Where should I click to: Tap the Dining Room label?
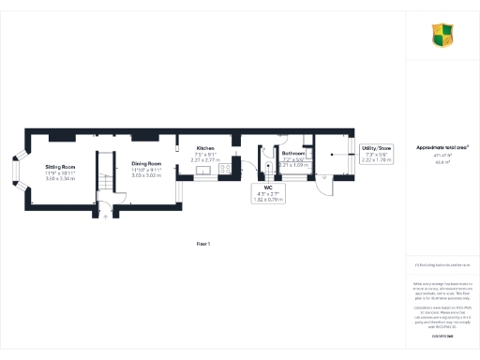pos(146,164)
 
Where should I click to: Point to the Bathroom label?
pos(294,152)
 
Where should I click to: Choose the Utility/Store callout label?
pos(376,148)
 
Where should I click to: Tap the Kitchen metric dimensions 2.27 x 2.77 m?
pos(205,160)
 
